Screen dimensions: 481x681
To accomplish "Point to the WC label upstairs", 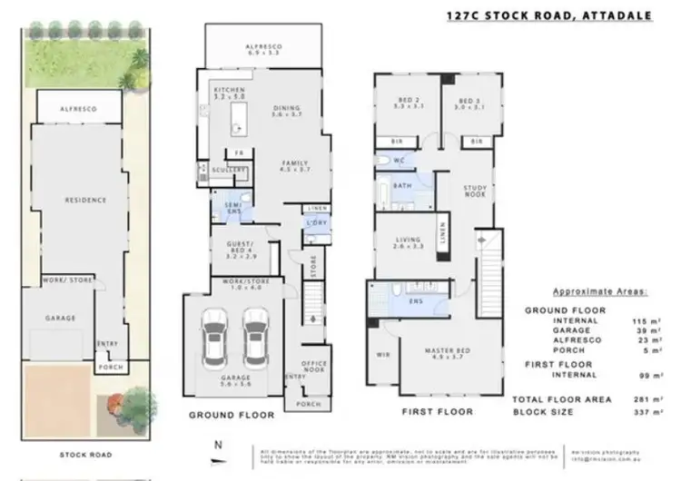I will coord(399,161).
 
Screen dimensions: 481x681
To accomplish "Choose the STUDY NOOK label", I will coord(476,191).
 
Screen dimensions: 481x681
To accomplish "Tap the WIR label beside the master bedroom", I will coord(381,355).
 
